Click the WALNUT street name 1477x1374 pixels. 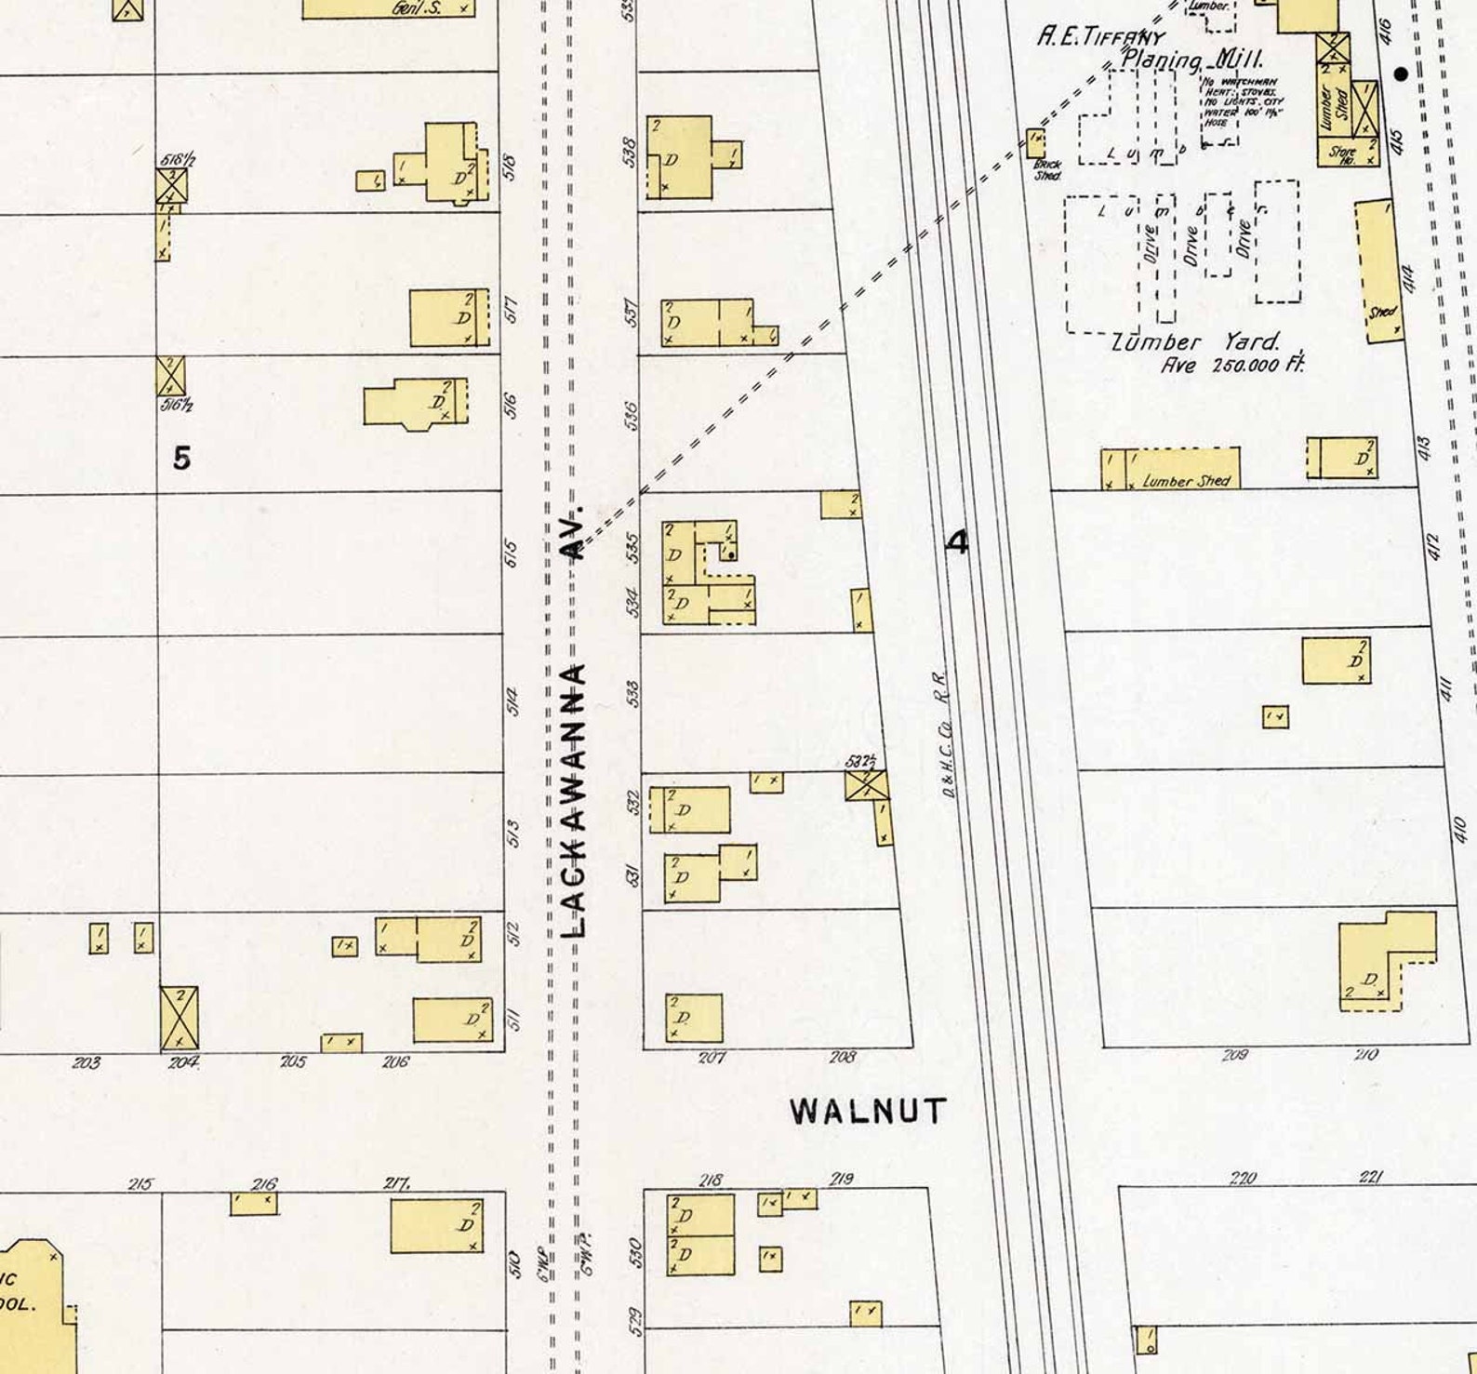[869, 1111]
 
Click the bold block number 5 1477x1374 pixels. [181, 458]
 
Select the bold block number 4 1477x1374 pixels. [957, 541]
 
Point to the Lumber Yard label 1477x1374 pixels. [1197, 341]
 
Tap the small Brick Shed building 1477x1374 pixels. [1036, 143]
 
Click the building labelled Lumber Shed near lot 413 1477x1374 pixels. [1171, 468]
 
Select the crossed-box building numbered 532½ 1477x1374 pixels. [867, 784]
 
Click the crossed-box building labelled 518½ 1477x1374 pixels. [172, 185]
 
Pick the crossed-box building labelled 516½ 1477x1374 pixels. [171, 375]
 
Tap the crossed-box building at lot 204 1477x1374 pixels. [179, 1017]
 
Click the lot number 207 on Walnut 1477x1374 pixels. [712, 1058]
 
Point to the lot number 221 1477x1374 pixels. [1370, 1178]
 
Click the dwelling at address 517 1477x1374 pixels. [449, 318]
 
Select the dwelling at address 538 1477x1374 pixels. [680, 156]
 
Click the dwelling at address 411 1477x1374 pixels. [1336, 661]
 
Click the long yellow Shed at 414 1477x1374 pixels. [1379, 271]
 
